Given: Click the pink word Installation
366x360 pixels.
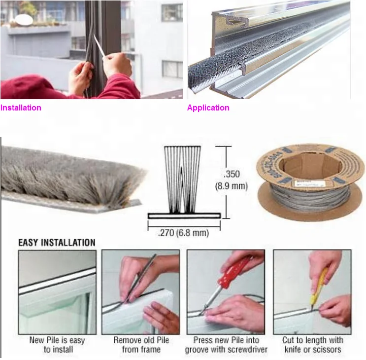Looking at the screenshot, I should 21,108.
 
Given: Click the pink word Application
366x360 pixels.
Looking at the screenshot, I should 208,108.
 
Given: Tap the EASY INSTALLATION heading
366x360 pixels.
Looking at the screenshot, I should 57,243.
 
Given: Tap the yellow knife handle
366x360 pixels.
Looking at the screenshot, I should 321,284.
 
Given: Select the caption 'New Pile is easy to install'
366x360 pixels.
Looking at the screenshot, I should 50,345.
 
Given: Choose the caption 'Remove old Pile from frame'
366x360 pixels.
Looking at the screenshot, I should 141,345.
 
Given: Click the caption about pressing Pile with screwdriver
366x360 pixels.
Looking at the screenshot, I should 226,345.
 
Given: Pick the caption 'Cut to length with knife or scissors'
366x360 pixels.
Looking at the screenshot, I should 312,345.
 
